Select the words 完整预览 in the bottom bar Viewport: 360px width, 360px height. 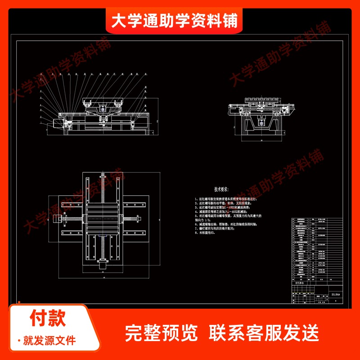[x=162, y=333]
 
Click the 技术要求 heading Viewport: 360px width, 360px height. [x=224, y=189]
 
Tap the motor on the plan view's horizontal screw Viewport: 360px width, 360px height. [x=57, y=219]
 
